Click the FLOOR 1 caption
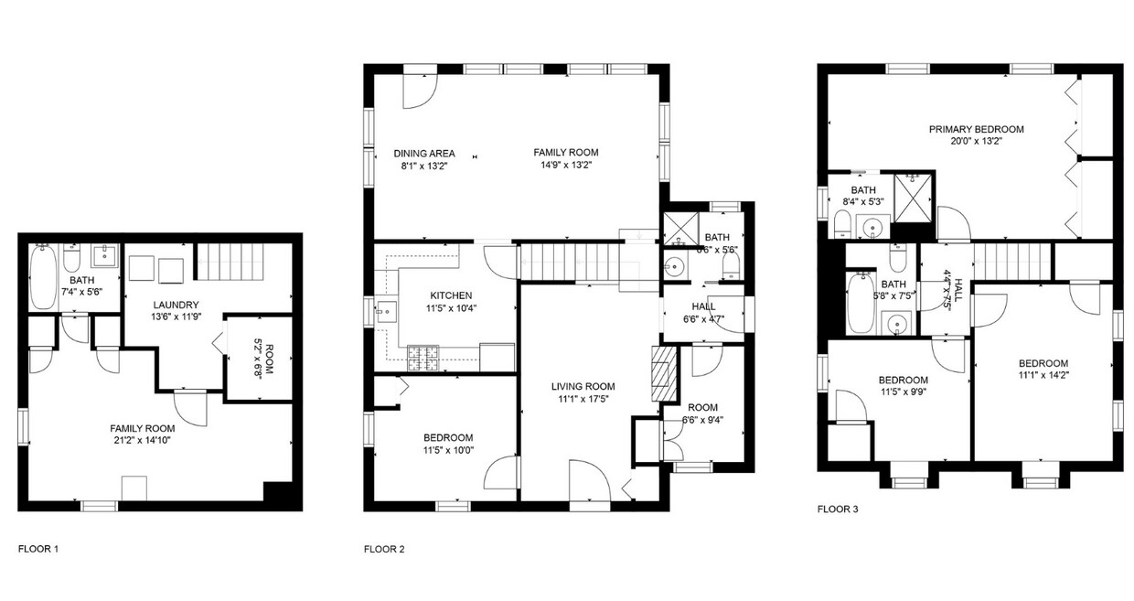tap(38, 549)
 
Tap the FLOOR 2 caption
tap(384, 549)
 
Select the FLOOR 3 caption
tap(838, 509)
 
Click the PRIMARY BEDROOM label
tap(976, 129)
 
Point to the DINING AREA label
tap(424, 154)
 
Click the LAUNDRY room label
tap(177, 305)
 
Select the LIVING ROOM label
tap(583, 386)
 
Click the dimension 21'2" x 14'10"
tap(142, 440)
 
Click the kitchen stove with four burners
tap(424, 358)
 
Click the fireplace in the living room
tap(660, 374)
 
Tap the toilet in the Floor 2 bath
tap(732, 265)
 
